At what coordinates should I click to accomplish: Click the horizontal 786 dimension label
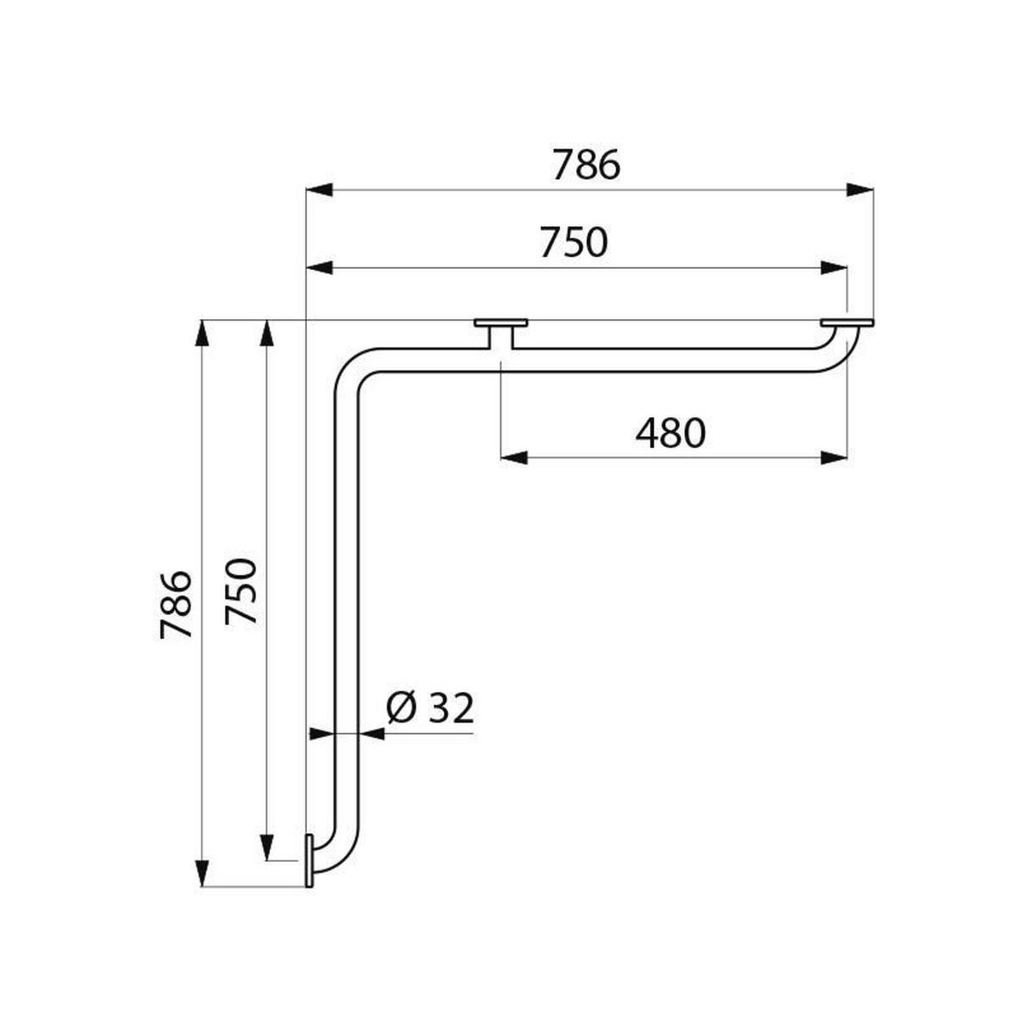[586, 165]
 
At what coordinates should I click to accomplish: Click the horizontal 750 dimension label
[573, 243]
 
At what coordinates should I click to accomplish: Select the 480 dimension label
[670, 433]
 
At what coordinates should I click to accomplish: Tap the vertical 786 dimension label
[176, 604]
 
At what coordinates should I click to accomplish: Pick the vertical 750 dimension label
[240, 591]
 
